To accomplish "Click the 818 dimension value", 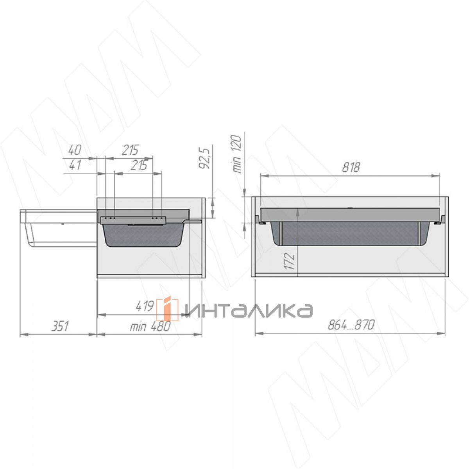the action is pyautogui.click(x=351, y=167).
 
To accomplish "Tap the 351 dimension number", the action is pyautogui.click(x=60, y=326).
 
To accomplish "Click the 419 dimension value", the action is pyautogui.click(x=145, y=306).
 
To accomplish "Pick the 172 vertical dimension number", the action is pyautogui.click(x=290, y=261).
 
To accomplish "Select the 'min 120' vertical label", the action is pyautogui.click(x=237, y=154).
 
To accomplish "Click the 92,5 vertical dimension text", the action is pyautogui.click(x=204, y=158).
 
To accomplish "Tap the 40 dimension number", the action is pyautogui.click(x=75, y=150).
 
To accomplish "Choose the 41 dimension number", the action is pyautogui.click(x=75, y=165).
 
